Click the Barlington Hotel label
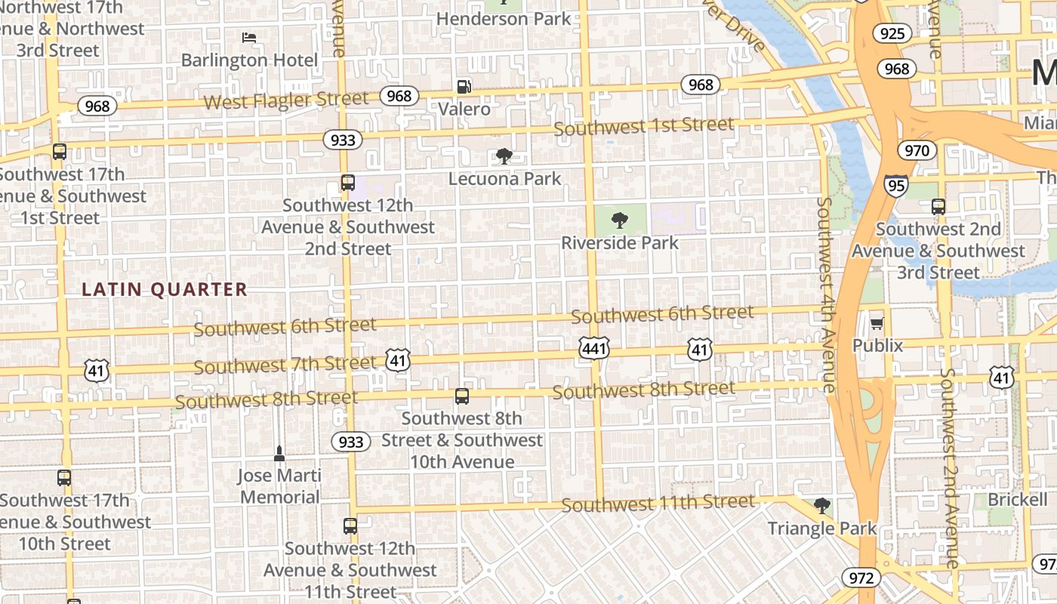pyautogui.click(x=249, y=60)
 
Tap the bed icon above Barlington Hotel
pyautogui.click(x=249, y=37)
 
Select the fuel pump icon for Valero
pyautogui.click(x=464, y=87)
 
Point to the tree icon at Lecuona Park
pyautogui.click(x=504, y=156)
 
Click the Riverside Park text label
pyautogui.click(x=620, y=243)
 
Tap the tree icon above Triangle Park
pyautogui.click(x=822, y=506)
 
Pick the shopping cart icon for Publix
pyautogui.click(x=877, y=323)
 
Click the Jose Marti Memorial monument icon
pyautogui.click(x=279, y=453)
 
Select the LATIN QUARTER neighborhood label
pyautogui.click(x=165, y=289)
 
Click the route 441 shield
pyautogui.click(x=594, y=349)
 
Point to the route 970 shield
pyautogui.click(x=917, y=150)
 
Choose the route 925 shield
pyautogui.click(x=892, y=33)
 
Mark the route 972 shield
pyautogui.click(x=861, y=578)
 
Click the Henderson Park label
pyautogui.click(x=504, y=19)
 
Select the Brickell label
pyautogui.click(x=1018, y=499)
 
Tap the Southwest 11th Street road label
pyautogui.click(x=658, y=503)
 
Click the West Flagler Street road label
pyautogui.click(x=286, y=100)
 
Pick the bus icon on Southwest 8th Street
pyautogui.click(x=462, y=396)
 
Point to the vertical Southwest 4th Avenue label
pyautogui.click(x=826, y=294)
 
